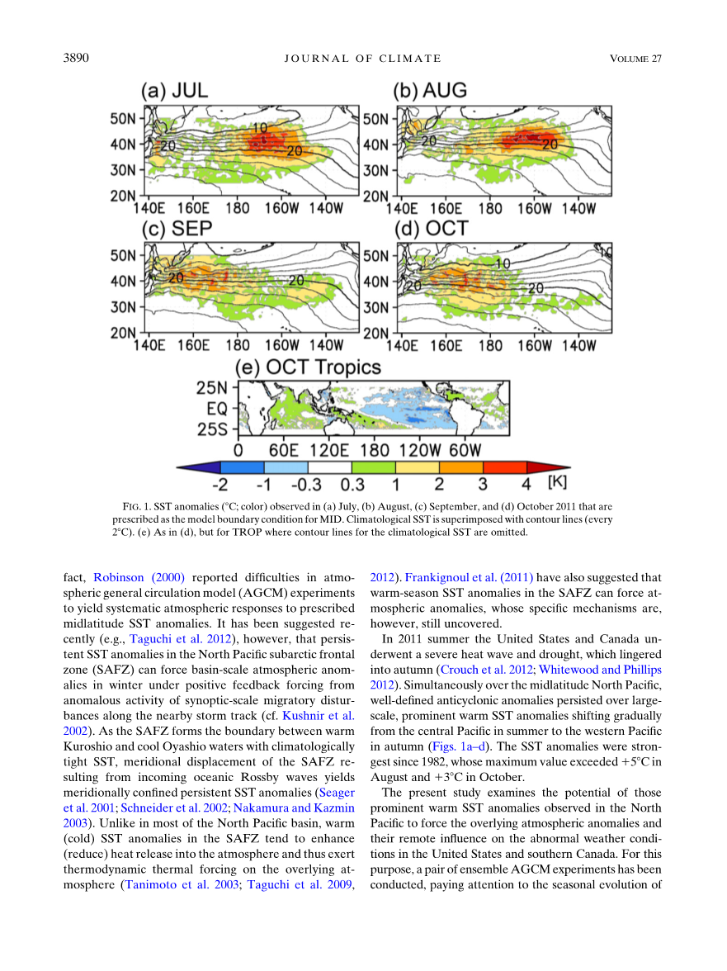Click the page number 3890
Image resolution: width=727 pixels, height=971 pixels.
click(76, 58)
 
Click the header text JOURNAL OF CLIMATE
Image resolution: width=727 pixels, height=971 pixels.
click(362, 58)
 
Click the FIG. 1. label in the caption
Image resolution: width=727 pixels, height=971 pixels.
click(136, 506)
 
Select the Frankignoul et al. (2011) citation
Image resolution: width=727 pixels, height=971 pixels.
click(469, 577)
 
